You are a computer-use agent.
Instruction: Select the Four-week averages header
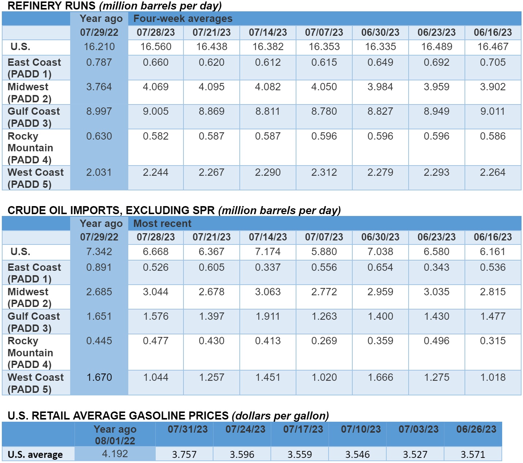183,19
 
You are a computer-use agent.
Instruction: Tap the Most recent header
162,223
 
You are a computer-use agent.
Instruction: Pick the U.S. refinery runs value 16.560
156,47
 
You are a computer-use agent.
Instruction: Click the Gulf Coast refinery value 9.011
493,111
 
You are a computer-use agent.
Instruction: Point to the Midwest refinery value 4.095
212,87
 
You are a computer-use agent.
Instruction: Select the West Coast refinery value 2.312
324,172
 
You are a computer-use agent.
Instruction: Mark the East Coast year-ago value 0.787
99,62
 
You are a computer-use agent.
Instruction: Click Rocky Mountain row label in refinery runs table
30,148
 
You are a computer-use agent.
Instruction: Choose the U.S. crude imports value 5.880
324,252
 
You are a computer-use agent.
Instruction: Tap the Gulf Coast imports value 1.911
268,316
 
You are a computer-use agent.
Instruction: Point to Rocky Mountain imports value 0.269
324,341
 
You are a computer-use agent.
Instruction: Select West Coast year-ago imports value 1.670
99,377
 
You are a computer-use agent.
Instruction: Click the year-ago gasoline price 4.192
115,454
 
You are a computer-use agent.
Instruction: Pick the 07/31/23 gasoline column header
187,429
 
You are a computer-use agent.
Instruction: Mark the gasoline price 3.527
415,455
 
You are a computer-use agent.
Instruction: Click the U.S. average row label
35,455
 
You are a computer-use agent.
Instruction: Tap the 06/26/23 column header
476,429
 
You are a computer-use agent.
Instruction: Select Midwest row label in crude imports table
29,297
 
